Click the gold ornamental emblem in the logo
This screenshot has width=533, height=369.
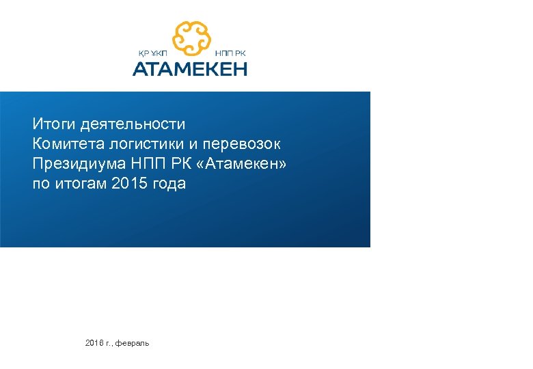(191, 38)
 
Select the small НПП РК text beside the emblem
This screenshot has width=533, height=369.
(230, 53)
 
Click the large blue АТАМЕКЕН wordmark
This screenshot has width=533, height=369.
(189, 68)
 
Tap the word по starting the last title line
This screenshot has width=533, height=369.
(41, 184)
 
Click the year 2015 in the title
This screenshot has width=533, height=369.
(127, 184)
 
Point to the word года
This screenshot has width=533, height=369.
(167, 184)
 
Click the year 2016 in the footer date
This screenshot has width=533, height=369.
(94, 342)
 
